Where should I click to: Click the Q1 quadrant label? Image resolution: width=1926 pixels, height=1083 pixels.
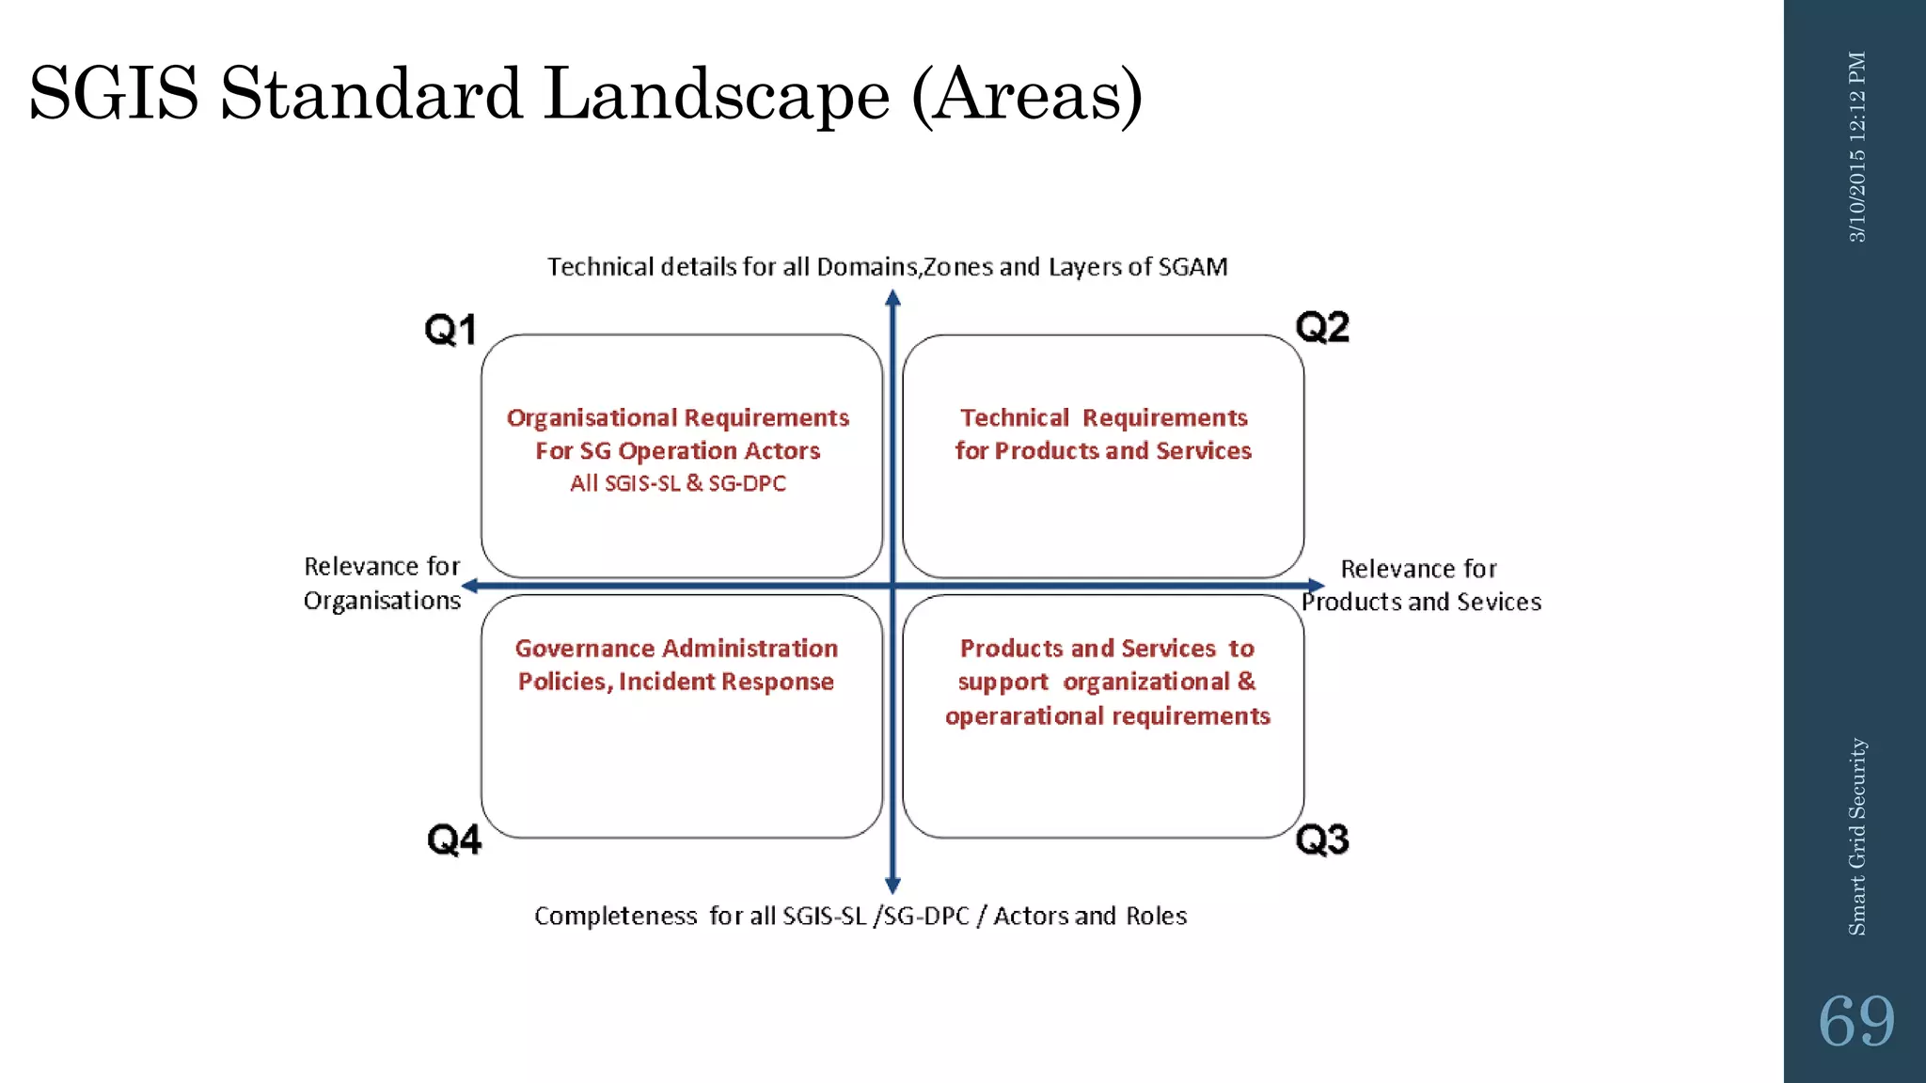[450, 330]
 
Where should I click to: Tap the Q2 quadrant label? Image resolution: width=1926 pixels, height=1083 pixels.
[1322, 327]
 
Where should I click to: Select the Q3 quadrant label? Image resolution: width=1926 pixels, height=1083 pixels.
[1322, 840]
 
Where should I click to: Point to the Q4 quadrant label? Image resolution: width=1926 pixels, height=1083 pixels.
[454, 840]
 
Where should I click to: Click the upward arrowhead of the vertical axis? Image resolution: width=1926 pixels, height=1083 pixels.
[893, 298]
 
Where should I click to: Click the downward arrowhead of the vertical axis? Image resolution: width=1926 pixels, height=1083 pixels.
[893, 886]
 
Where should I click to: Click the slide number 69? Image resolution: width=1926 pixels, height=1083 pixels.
[1855, 1021]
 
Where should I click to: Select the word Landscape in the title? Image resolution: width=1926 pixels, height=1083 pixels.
[717, 94]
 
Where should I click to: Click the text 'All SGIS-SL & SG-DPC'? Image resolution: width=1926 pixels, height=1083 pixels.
[677, 483]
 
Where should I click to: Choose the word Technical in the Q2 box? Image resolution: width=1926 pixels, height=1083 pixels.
[1014, 417]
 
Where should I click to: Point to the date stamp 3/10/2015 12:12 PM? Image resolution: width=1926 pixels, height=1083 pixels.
[1856, 147]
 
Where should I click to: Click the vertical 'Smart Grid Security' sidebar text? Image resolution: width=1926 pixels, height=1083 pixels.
[1856, 836]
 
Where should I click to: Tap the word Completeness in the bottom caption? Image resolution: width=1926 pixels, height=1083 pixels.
[615, 916]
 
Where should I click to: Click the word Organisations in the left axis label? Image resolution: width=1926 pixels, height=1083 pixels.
[382, 601]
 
